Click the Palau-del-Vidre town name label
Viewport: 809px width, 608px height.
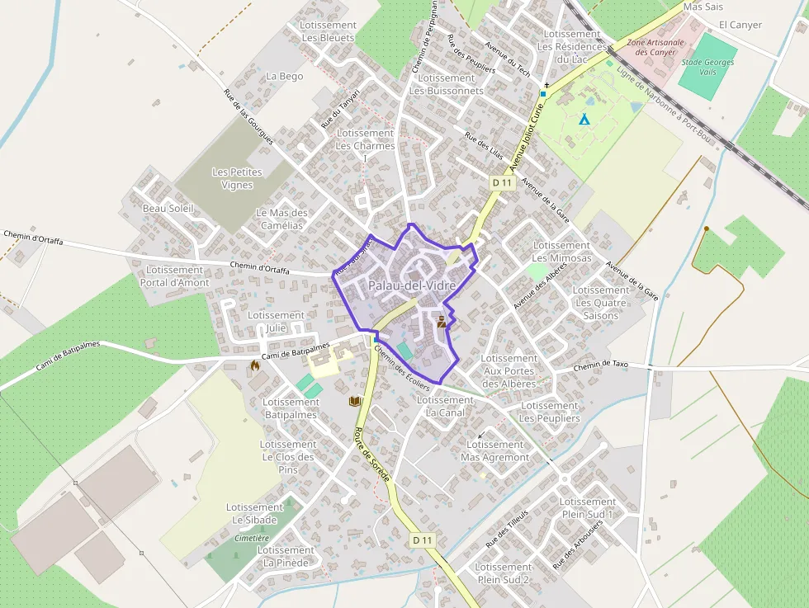point(412,285)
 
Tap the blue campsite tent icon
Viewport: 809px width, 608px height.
point(584,119)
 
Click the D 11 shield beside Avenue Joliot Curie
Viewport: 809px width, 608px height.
point(502,182)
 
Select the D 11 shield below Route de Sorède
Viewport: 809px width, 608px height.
point(422,540)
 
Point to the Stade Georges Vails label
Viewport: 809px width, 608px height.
point(707,68)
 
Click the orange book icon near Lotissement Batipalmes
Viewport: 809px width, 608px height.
point(355,401)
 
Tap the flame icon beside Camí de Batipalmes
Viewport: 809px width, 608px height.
point(253,365)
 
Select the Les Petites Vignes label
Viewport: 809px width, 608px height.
point(237,178)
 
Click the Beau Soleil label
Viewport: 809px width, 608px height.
point(168,209)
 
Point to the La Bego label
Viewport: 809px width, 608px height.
point(284,77)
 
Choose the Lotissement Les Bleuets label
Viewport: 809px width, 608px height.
point(328,31)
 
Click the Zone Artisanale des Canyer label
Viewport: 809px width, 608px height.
point(655,47)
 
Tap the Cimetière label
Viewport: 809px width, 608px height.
point(252,538)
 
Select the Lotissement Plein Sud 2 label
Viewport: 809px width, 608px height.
point(504,573)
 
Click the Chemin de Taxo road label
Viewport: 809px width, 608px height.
point(600,364)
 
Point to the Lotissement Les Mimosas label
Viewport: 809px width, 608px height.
point(562,252)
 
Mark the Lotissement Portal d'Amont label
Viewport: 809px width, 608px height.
point(175,276)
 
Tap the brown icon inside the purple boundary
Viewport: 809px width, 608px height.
point(442,322)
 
